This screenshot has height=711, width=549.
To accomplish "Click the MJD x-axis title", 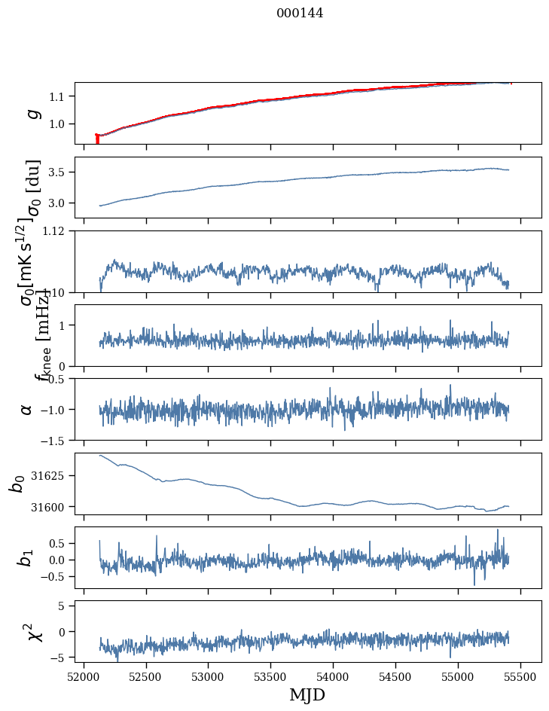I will (307, 694).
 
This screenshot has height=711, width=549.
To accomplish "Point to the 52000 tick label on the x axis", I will (84, 677).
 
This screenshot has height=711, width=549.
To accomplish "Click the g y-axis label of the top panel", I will (32, 113).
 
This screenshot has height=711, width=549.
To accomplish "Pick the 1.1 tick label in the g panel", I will (59, 96).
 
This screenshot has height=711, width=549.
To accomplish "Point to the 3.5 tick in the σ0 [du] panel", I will (59, 172).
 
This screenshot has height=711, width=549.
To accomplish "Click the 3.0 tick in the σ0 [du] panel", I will (59, 203).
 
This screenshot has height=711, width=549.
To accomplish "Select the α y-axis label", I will (26, 409).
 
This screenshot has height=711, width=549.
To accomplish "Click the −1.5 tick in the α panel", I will (55, 440).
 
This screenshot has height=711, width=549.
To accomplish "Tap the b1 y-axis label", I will (26, 557).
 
